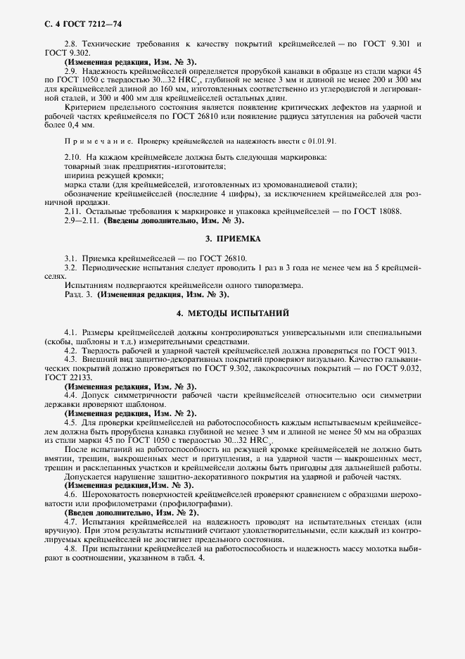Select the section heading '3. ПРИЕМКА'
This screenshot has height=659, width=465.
point(232,239)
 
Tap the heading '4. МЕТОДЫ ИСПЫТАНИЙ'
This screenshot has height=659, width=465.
point(232,312)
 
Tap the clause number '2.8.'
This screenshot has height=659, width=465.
point(72,44)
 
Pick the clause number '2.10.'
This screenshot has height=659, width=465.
point(73,155)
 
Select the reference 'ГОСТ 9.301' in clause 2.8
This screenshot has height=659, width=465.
point(383,44)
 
